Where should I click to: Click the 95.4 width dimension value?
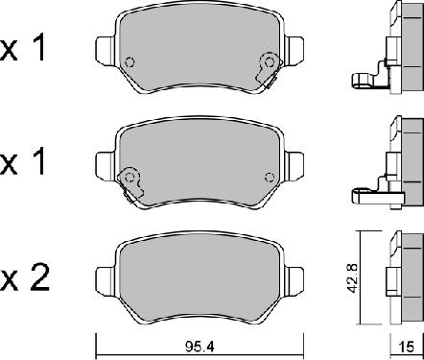(200, 346)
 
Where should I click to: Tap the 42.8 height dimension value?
(353, 278)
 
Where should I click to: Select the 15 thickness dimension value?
(407, 347)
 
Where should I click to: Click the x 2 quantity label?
(25, 278)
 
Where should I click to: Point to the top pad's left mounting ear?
(106, 50)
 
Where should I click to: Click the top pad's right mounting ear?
(294, 50)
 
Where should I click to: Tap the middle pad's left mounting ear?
(106, 165)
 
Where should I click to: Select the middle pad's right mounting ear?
(294, 165)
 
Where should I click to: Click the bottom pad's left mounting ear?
(106, 280)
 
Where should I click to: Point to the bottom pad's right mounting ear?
(294, 280)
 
